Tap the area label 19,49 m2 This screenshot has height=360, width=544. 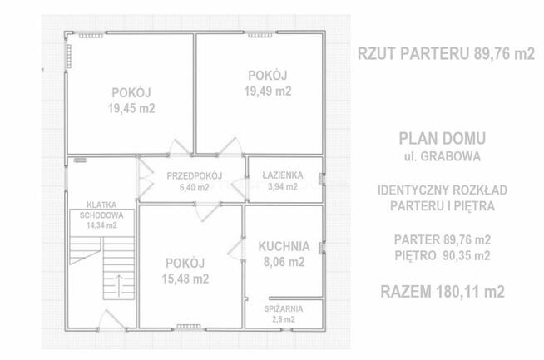click(269, 91)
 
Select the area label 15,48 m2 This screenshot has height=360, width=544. click(185, 279)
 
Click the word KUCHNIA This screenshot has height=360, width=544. click(284, 246)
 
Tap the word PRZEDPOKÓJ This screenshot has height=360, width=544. click(192, 175)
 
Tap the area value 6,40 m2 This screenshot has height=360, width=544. click(192, 187)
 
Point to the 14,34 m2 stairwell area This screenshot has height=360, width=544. click(100, 224)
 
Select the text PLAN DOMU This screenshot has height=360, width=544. click(442, 139)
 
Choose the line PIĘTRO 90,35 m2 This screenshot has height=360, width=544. click(442, 255)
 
